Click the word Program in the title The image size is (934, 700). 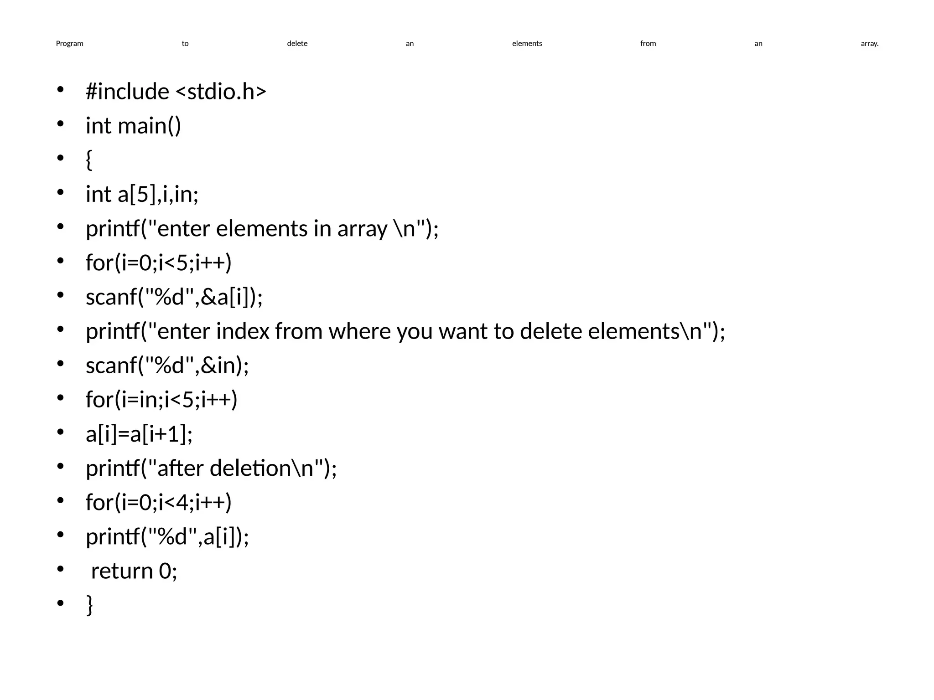69,44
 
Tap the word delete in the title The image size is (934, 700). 297,44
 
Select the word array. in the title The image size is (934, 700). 869,44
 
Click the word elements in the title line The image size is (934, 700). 527,44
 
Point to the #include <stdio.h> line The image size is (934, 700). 176,91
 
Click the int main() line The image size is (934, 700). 133,126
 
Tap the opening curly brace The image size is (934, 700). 89,160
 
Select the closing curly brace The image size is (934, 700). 89,605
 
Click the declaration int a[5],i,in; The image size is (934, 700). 142,194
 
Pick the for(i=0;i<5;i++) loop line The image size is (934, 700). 159,262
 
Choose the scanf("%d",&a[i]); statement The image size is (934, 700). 174,297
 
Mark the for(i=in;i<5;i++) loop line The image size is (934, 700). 161,400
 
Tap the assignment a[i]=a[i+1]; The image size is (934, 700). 139,434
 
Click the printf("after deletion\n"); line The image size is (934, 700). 211,468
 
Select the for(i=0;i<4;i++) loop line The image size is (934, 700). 159,502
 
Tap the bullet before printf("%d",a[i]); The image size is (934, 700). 60,535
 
